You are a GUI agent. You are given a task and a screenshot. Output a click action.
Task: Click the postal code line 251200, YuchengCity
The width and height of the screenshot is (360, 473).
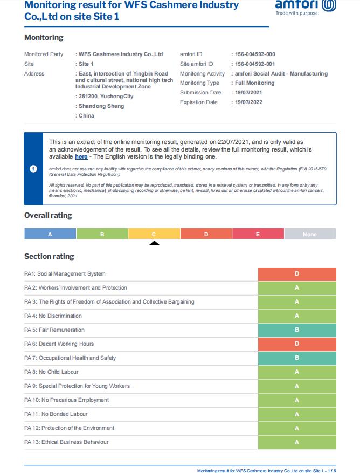106,97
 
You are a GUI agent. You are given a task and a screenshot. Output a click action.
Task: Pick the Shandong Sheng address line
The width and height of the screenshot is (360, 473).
101,106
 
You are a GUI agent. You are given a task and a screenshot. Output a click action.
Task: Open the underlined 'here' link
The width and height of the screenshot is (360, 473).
81,157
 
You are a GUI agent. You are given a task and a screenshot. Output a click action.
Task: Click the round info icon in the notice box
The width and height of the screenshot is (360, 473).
33,169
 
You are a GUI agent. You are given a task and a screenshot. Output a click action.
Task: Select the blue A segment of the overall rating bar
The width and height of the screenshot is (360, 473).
50,234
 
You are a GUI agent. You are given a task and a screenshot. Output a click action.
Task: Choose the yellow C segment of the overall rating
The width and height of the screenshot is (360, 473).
154,234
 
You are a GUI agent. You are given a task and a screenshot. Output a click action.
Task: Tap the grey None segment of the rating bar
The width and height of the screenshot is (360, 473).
310,234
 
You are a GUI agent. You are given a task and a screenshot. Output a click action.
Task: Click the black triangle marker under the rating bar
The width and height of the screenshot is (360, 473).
154,243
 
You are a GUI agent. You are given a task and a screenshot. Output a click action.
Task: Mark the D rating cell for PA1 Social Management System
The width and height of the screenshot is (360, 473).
297,274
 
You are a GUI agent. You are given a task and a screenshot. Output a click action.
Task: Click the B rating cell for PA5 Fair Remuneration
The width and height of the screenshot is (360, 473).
297,330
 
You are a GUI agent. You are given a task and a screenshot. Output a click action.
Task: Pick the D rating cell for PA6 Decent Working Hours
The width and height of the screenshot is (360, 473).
297,344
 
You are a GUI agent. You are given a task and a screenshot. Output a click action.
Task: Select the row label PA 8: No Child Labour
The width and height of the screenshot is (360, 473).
51,372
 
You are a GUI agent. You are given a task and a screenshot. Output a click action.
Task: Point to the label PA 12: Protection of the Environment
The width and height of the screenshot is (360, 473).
69,428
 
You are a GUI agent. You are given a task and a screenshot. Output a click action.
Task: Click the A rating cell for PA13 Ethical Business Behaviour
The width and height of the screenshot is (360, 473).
297,442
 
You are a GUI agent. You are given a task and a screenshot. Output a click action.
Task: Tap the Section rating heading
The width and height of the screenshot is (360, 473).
49,256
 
